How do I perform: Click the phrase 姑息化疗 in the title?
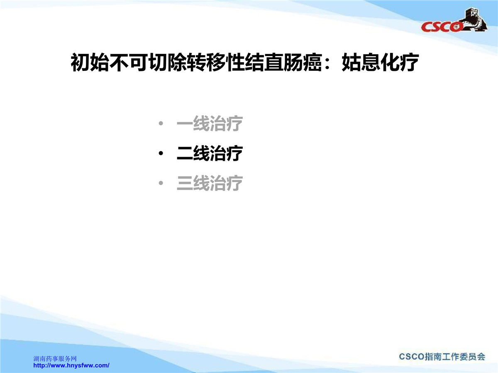tap(380, 62)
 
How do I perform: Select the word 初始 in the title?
tap(90, 62)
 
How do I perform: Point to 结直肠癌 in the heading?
tap(283, 62)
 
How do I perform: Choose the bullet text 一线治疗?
tap(210, 124)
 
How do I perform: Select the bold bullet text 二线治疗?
tap(210, 153)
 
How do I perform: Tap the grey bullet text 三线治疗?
tap(210, 183)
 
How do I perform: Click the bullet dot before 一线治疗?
tap(161, 124)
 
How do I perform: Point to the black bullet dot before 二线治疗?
tap(161, 153)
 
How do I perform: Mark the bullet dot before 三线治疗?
tap(161, 183)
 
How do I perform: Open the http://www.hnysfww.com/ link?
tap(71, 365)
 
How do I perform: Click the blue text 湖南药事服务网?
tap(55, 358)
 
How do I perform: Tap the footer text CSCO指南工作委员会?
tap(442, 357)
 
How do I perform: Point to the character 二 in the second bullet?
tap(185, 153)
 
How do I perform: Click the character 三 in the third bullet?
tap(185, 183)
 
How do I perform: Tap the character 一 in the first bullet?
tap(185, 124)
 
